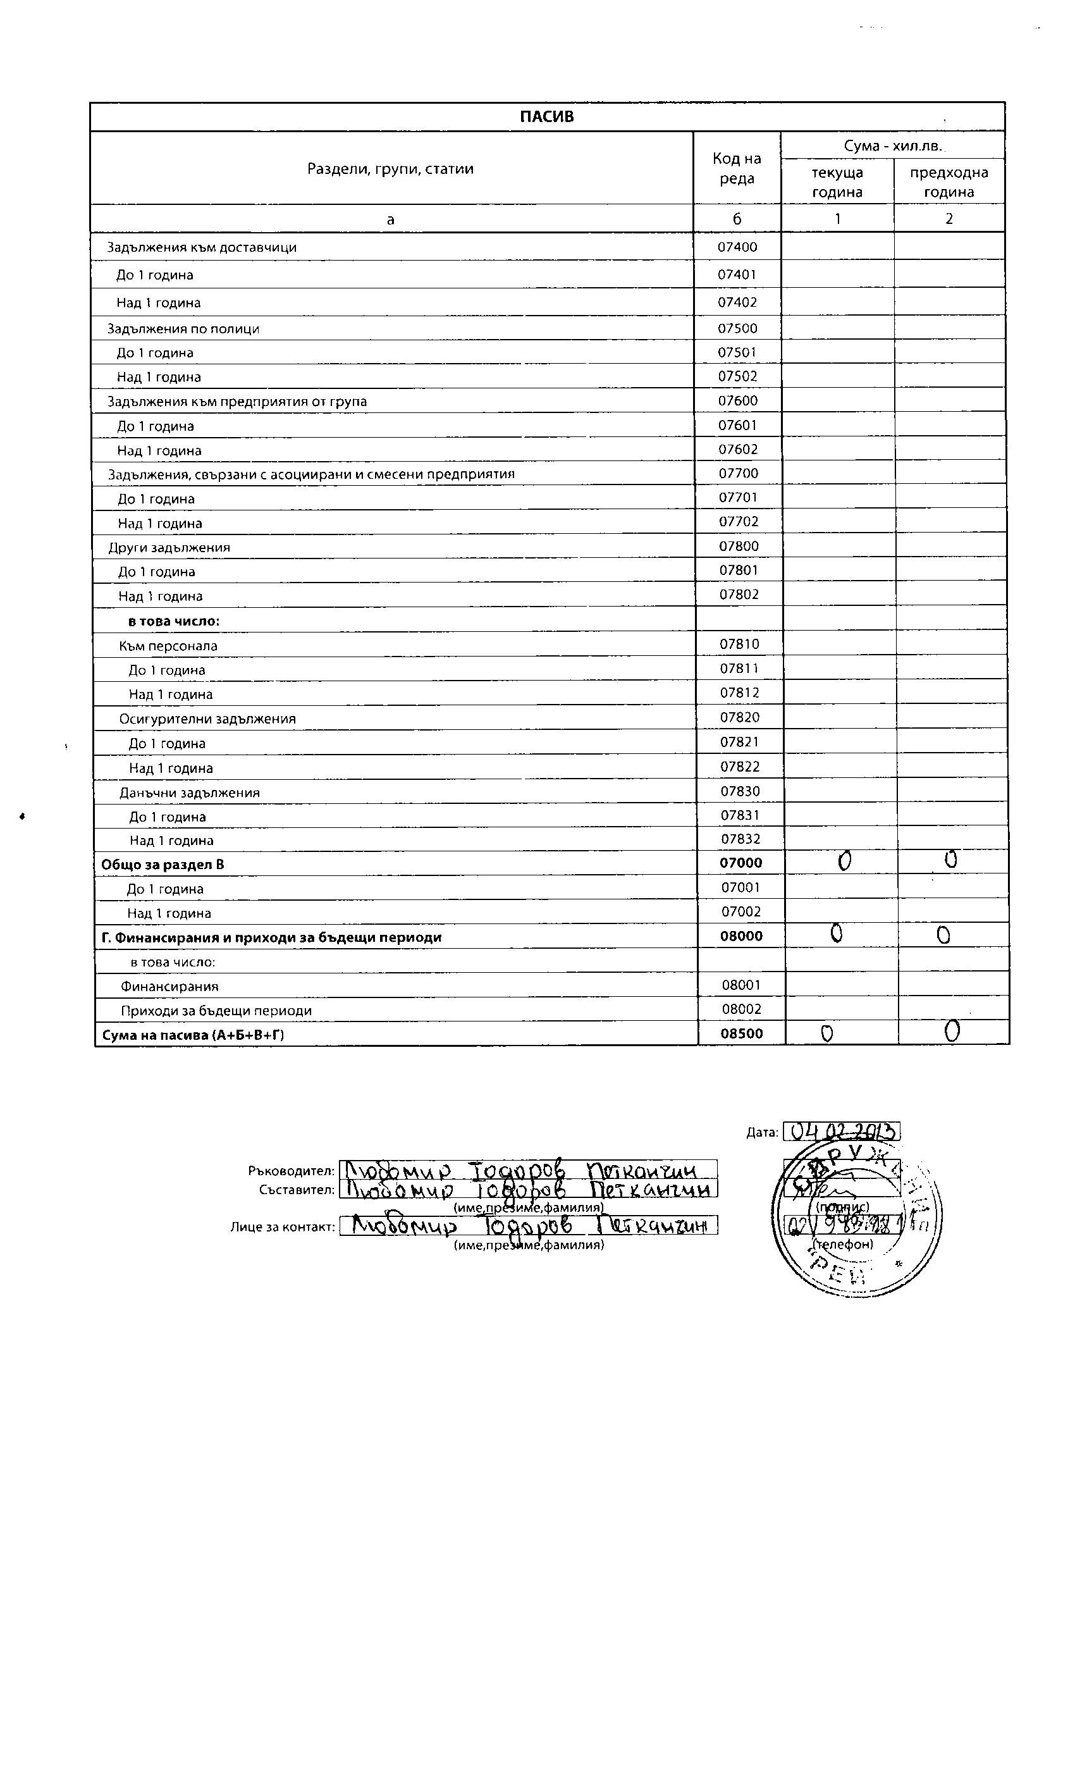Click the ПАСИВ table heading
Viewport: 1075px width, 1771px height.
click(x=547, y=117)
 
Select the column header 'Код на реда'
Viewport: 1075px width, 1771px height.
click(x=737, y=168)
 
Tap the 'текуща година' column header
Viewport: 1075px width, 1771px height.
click(x=837, y=182)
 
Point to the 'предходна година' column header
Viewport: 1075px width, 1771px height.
click(x=949, y=182)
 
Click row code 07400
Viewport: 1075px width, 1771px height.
click(x=737, y=247)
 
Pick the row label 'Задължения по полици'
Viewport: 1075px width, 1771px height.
click(x=183, y=328)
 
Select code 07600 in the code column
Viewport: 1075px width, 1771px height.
click(x=738, y=400)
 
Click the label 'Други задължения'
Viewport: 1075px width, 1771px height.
click(x=169, y=547)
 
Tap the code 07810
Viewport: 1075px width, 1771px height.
click(x=739, y=644)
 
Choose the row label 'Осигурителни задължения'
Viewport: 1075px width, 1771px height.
click(x=207, y=719)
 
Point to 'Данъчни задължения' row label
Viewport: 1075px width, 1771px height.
click(x=189, y=793)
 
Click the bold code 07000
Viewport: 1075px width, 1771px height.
click(x=741, y=863)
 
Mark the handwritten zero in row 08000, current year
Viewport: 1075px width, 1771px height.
click(x=837, y=933)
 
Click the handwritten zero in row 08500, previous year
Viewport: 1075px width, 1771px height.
click(x=952, y=1032)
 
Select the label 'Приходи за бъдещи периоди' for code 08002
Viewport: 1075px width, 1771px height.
click(x=216, y=1011)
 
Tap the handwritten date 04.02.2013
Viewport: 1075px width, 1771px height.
click(x=841, y=1132)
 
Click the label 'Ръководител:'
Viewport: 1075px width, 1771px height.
click(x=291, y=1171)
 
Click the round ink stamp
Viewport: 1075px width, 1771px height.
click(x=857, y=1214)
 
